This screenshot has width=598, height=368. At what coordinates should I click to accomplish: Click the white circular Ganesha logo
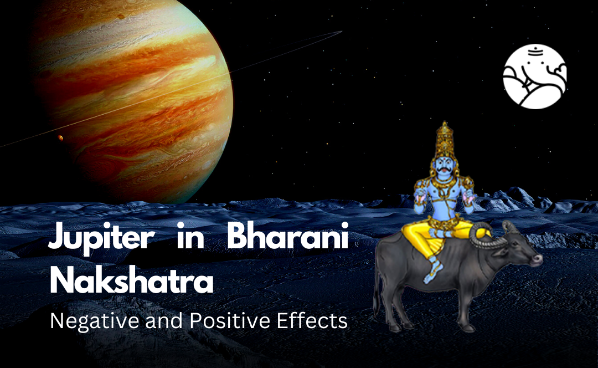pos(534,76)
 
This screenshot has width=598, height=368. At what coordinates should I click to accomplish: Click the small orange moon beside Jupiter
pos(60,138)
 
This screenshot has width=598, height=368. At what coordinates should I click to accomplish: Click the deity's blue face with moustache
pos(443,166)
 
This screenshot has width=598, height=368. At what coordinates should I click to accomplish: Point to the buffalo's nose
pos(536,259)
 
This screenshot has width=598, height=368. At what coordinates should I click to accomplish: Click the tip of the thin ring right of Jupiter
pos(340,33)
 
